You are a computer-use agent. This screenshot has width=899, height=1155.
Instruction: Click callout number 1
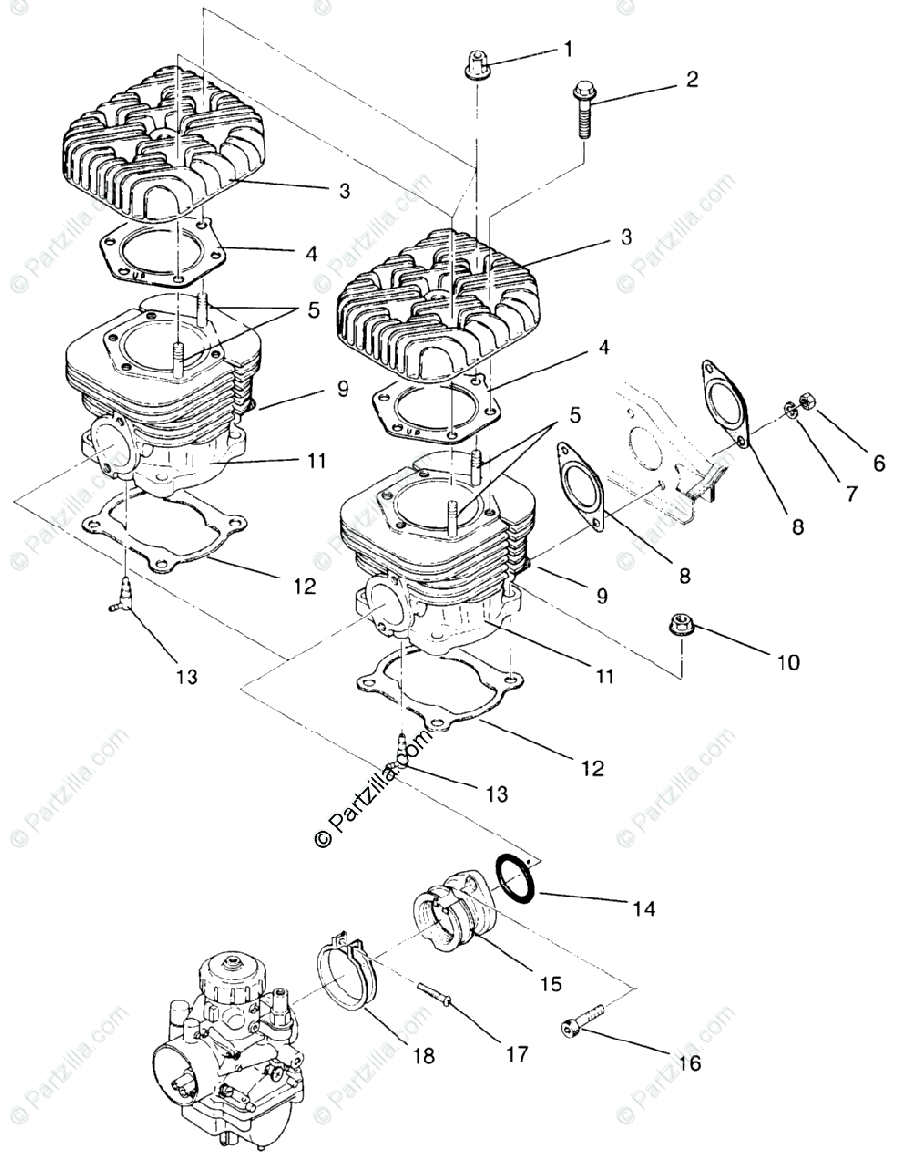568,47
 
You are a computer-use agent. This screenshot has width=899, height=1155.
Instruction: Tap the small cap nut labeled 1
477,66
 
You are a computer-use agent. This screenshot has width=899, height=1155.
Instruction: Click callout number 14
643,908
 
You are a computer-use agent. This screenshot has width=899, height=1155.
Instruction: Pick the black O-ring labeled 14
517,878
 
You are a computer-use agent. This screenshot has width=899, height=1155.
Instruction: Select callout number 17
517,1054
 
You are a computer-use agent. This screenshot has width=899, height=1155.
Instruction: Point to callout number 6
879,463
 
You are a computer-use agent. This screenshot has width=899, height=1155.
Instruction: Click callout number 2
691,80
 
